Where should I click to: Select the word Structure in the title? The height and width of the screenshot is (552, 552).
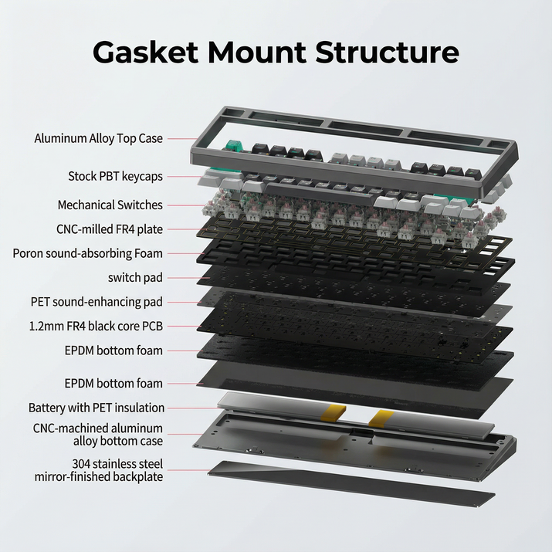398,52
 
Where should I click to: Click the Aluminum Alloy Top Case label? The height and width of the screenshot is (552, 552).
98,138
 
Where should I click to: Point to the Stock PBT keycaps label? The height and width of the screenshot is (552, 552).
115,176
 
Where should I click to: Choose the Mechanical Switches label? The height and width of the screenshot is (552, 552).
110,205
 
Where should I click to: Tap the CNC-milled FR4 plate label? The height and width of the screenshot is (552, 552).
109,229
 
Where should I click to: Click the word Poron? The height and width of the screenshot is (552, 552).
30,253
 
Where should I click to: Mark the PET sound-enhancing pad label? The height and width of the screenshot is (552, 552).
97,302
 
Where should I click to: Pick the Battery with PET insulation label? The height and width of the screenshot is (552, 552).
96,407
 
